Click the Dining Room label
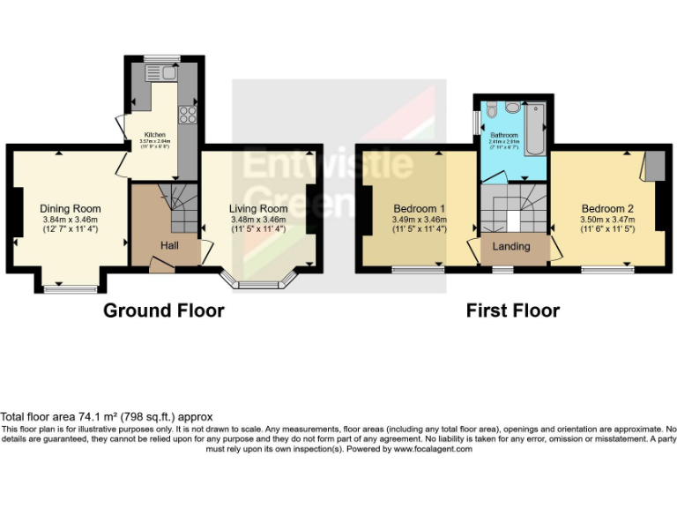(x=68, y=208)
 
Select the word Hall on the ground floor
(x=170, y=244)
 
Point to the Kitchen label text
(x=155, y=135)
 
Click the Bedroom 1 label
(x=418, y=209)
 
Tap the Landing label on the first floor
(x=510, y=245)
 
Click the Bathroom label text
(x=504, y=135)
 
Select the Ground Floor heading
(x=163, y=310)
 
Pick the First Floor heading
(x=512, y=310)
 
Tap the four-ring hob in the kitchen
(x=187, y=114)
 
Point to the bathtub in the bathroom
(x=535, y=117)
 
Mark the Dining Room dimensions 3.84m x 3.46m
(x=70, y=219)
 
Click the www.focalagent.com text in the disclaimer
(x=432, y=448)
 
